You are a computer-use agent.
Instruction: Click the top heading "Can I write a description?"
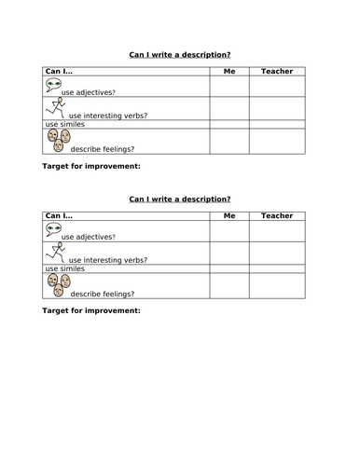click(x=179, y=54)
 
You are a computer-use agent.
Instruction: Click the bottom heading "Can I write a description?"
click(x=179, y=199)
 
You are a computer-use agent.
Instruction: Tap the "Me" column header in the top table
click(x=228, y=71)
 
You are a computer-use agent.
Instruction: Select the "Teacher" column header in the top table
click(x=277, y=71)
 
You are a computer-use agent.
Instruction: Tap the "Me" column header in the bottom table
click(x=228, y=215)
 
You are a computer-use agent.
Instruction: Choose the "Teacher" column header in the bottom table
click(x=277, y=215)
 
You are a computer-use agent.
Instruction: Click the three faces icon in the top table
click(x=57, y=141)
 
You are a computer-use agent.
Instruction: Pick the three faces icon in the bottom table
click(x=57, y=285)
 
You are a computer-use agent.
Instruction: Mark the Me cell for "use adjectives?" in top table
click(x=228, y=87)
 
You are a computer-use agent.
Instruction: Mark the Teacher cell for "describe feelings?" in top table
click(x=277, y=141)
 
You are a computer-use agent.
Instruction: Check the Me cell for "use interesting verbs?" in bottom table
click(x=228, y=254)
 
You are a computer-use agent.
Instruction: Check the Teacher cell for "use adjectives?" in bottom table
click(x=277, y=231)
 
